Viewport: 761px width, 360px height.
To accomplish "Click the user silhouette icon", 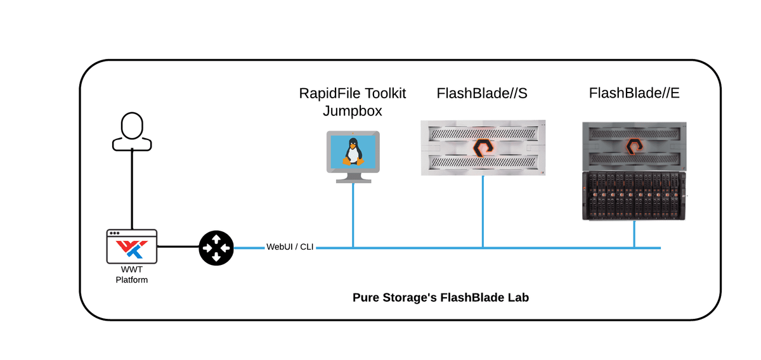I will point(132,132).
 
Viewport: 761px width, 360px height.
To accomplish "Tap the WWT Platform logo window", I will point(132,247).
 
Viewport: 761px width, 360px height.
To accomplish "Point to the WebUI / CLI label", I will point(290,247).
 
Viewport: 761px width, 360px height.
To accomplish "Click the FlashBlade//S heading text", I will point(482,94).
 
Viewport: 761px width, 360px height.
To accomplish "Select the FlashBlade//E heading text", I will point(634,94).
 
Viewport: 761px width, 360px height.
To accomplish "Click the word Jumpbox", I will point(353,111).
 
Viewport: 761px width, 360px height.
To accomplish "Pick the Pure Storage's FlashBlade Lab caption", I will point(441,297).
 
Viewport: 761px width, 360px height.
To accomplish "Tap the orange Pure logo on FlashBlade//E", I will point(635,147).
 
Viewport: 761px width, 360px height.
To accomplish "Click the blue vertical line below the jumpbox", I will point(353,215).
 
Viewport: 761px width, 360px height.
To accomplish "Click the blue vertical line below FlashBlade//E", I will point(634,234).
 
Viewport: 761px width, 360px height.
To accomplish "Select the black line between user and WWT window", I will point(132,190).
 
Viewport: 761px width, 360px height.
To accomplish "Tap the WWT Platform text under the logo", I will point(132,275).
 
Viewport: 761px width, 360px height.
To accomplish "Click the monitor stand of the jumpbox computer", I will point(353,177).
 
